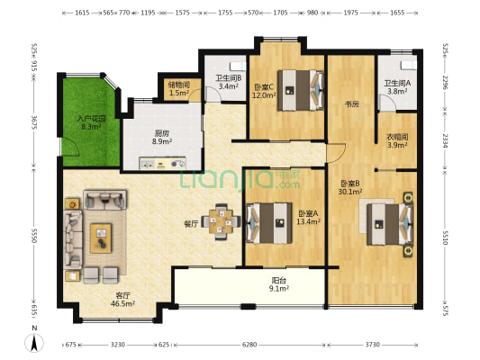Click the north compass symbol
(34, 343)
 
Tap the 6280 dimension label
(249, 345)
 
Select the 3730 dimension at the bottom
(372, 345)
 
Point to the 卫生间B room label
(229, 78)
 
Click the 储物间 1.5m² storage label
(179, 88)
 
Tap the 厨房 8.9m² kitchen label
(162, 137)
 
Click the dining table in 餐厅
(221, 221)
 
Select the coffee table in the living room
(101, 238)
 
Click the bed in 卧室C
(300, 90)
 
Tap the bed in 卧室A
(269, 223)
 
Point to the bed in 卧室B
(390, 224)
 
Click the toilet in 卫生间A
(408, 66)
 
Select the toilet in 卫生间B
(238, 66)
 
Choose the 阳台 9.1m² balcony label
(279, 284)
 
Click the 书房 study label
(352, 104)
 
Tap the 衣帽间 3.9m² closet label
(397, 141)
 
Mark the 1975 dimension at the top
(351, 13)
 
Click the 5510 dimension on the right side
(445, 238)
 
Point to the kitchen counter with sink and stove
(162, 163)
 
